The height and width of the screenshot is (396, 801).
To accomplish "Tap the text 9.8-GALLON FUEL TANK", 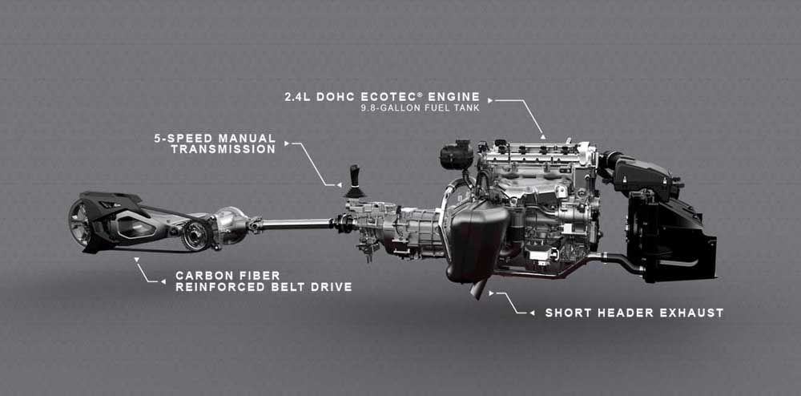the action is tap(421, 108).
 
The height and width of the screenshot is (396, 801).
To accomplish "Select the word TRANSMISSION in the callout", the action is tap(223, 149).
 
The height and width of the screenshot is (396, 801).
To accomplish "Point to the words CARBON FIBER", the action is tap(227, 276).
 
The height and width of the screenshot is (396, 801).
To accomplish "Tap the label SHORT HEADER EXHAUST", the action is tap(634, 313).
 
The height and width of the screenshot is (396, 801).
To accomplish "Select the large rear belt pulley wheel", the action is tap(79, 224).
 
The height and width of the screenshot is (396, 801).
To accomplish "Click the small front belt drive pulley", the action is tap(196, 235).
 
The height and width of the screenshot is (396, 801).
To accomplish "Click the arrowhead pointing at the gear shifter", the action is tap(339, 185).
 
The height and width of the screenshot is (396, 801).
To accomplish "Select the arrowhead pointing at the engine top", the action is tap(543, 137).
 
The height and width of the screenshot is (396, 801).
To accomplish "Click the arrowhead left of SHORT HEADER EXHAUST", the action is tap(532, 313).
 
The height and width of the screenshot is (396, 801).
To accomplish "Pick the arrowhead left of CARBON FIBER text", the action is tap(163, 281).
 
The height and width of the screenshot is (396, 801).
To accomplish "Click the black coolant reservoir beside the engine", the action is tap(457, 156).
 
